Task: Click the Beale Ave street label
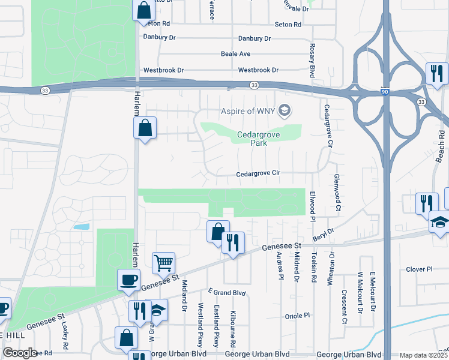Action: (235, 54)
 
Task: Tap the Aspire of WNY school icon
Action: (285, 110)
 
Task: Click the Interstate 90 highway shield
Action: (384, 92)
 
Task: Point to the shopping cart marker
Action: (163, 262)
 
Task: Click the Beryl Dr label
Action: (323, 234)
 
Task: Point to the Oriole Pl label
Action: (297, 315)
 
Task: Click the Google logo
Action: (20, 353)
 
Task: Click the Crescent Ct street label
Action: (345, 307)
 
